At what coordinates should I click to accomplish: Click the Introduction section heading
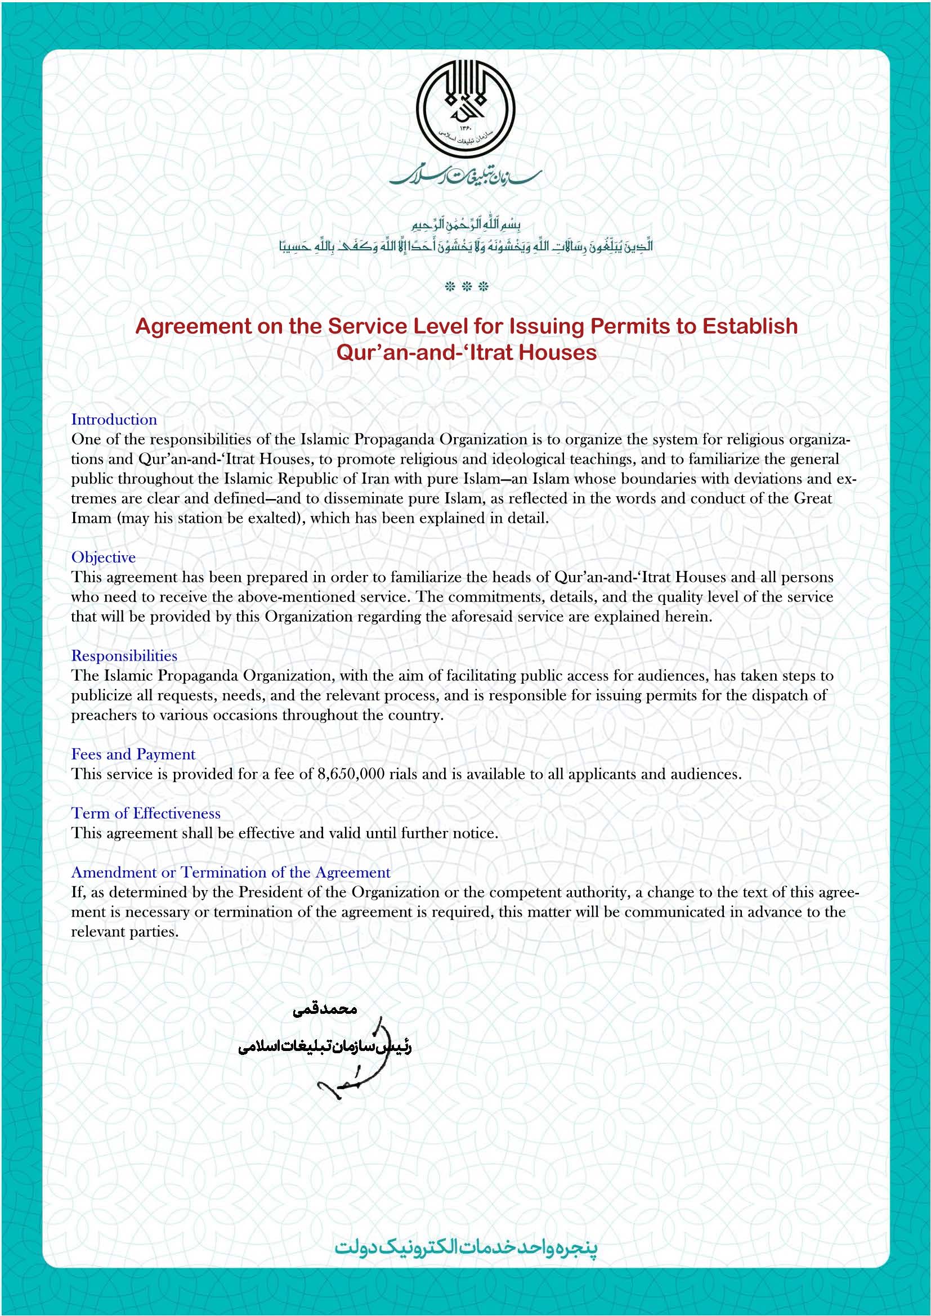(114, 420)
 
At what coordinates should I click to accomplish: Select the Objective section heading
(103, 557)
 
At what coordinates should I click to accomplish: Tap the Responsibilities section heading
(124, 655)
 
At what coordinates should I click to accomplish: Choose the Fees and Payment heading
(133, 754)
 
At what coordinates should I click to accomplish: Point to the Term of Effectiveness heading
(146, 814)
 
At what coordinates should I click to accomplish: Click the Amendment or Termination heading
(230, 873)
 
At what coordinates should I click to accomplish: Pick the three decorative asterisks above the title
(466, 286)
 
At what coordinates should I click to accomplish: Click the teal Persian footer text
(465, 1248)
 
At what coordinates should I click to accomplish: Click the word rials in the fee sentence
(403, 774)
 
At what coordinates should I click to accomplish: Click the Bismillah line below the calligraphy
(465, 224)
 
